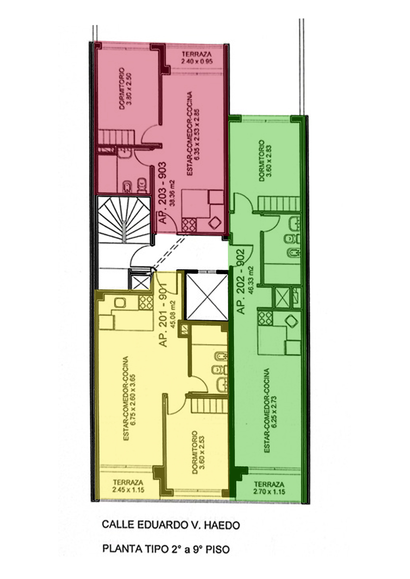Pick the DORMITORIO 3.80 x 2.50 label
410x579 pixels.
point(125,88)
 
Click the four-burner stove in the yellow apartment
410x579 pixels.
point(146,303)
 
